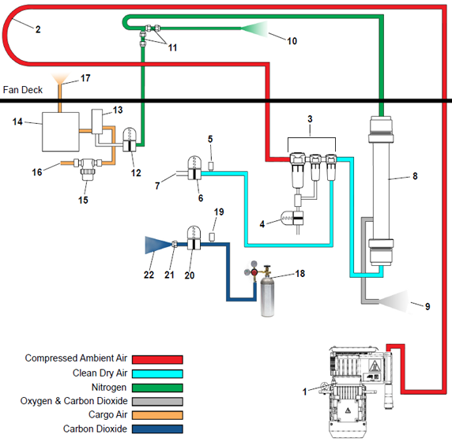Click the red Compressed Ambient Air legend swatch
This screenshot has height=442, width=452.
(157, 359)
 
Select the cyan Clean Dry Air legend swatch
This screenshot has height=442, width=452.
(157, 373)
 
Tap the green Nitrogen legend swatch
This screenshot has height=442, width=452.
(157, 388)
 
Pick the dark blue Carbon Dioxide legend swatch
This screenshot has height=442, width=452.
(157, 429)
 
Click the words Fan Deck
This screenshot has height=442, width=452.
(23, 90)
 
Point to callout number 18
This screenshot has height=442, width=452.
(300, 273)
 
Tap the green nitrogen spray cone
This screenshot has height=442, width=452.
(254, 28)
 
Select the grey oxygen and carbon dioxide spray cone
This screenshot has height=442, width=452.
(394, 302)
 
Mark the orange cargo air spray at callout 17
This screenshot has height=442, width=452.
(60, 79)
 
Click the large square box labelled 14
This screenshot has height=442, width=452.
(61, 132)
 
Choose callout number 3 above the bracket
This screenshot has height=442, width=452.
(310, 119)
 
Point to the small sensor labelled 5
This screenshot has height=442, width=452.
(211, 167)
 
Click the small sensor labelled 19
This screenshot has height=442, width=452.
(212, 238)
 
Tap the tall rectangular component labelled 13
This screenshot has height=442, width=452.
(97, 122)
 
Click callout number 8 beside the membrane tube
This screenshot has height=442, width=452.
(415, 176)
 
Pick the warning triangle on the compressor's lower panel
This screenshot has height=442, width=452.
(348, 410)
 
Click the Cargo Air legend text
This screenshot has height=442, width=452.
(107, 414)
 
